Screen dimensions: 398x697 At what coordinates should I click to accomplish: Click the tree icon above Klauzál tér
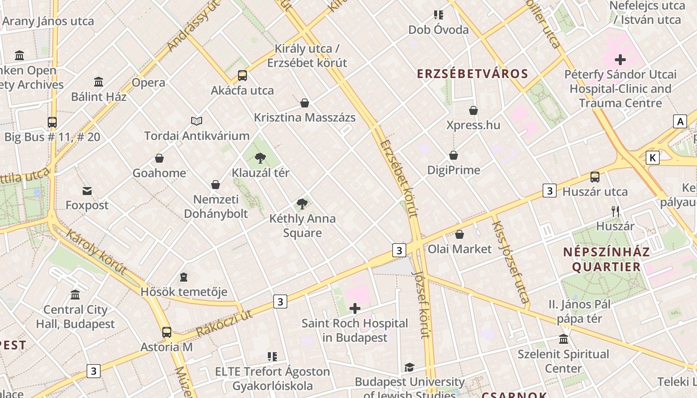[260, 159]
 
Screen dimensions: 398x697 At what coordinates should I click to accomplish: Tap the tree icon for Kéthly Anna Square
[302, 204]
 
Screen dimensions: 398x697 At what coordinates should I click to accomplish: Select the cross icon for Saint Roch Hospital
[354, 309]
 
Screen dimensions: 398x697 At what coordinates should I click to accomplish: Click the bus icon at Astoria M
[167, 332]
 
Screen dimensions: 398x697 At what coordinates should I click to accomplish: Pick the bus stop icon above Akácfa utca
[242, 76]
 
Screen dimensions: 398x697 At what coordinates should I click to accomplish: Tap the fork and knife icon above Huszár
[615, 211]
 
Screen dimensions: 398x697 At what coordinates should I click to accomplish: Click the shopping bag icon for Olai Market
[460, 234]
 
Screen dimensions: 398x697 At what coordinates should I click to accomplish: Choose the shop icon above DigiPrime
[454, 156]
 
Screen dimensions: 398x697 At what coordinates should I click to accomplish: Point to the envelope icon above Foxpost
[87, 191]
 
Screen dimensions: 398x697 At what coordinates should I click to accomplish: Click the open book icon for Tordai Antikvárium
[197, 121]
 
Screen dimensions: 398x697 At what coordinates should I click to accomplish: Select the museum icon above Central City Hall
[75, 295]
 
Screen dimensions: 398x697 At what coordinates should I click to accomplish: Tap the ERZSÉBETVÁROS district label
[472, 74]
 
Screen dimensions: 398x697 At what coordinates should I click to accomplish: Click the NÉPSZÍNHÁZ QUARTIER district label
[606, 259]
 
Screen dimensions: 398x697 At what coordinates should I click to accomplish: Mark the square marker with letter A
[680, 121]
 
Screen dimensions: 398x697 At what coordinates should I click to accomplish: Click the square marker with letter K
[652, 158]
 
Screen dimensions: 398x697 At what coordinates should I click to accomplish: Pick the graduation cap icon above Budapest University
[409, 367]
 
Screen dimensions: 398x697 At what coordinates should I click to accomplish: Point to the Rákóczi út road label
[225, 322]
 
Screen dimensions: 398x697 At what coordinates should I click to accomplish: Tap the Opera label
[148, 83]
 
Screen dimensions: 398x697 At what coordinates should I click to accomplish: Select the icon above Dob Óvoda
[438, 15]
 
